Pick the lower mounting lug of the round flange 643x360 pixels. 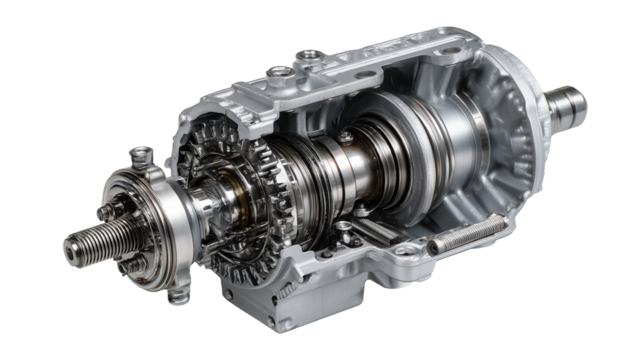180,295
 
